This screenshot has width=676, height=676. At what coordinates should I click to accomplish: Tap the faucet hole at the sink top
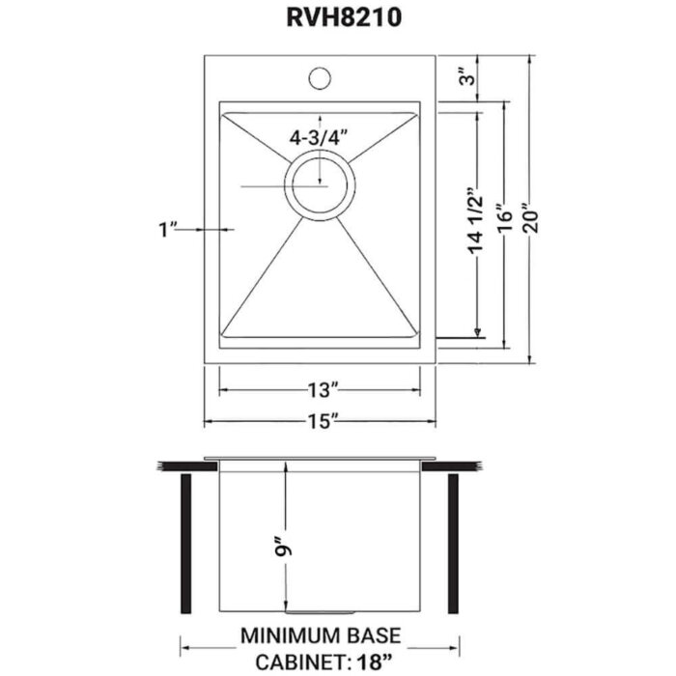point(320,73)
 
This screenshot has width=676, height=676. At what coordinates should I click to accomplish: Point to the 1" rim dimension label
point(169,230)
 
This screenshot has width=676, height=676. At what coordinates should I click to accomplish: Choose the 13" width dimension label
point(320,391)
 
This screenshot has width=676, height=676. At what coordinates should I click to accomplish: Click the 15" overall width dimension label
point(320,422)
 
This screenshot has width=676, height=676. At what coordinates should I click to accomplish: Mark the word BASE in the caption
point(374,638)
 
